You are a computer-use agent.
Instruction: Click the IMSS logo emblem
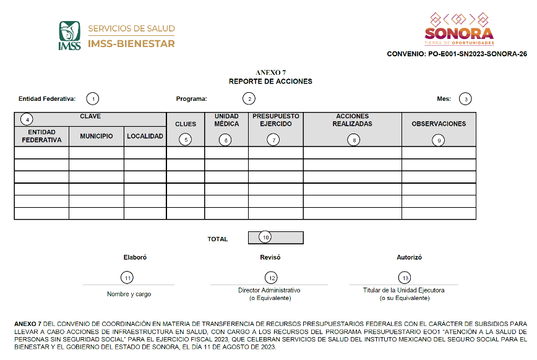pyautogui.click(x=69, y=35)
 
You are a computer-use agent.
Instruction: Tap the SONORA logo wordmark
pyautogui.click(x=459, y=33)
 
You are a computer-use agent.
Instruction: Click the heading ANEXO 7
pyautogui.click(x=270, y=73)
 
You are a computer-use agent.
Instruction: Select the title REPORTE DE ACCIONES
pyautogui.click(x=270, y=81)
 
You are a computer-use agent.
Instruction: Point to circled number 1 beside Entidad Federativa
pyautogui.click(x=92, y=98)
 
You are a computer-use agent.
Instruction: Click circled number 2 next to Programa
pyautogui.click(x=249, y=98)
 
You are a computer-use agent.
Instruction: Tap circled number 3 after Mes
pyautogui.click(x=465, y=98)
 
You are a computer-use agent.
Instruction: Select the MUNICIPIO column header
pyautogui.click(x=96, y=136)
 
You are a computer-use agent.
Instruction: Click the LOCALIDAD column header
pyautogui.click(x=145, y=136)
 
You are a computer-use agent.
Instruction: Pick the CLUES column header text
pyautogui.click(x=186, y=124)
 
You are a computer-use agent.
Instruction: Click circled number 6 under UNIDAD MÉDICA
pyautogui.click(x=226, y=140)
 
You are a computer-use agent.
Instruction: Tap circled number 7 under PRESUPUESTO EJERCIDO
pyautogui.click(x=275, y=140)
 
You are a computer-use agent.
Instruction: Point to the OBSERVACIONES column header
pyautogui.click(x=439, y=124)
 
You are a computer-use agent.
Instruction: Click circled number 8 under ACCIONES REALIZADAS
pyautogui.click(x=353, y=140)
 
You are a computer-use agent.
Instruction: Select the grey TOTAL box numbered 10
pyautogui.click(x=275, y=238)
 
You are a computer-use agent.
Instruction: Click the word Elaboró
pyautogui.click(x=135, y=257)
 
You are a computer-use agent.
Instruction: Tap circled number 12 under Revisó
pyautogui.click(x=270, y=278)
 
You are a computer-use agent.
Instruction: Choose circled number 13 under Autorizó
pyautogui.click(x=405, y=278)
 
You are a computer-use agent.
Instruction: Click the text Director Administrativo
pyautogui.click(x=269, y=290)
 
